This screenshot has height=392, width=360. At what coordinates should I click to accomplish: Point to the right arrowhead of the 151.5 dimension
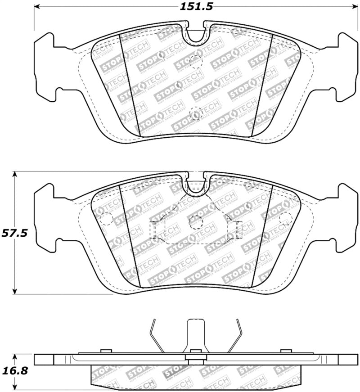(354, 7)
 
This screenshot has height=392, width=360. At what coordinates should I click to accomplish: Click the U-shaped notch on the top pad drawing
(196, 36)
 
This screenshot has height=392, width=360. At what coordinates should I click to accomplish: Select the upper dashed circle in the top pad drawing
(196, 62)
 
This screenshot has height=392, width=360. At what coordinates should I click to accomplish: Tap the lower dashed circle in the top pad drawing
(196, 114)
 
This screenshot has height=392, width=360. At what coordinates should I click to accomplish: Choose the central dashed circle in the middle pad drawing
(196, 222)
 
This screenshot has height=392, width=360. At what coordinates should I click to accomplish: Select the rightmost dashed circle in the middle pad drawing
(285, 219)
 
